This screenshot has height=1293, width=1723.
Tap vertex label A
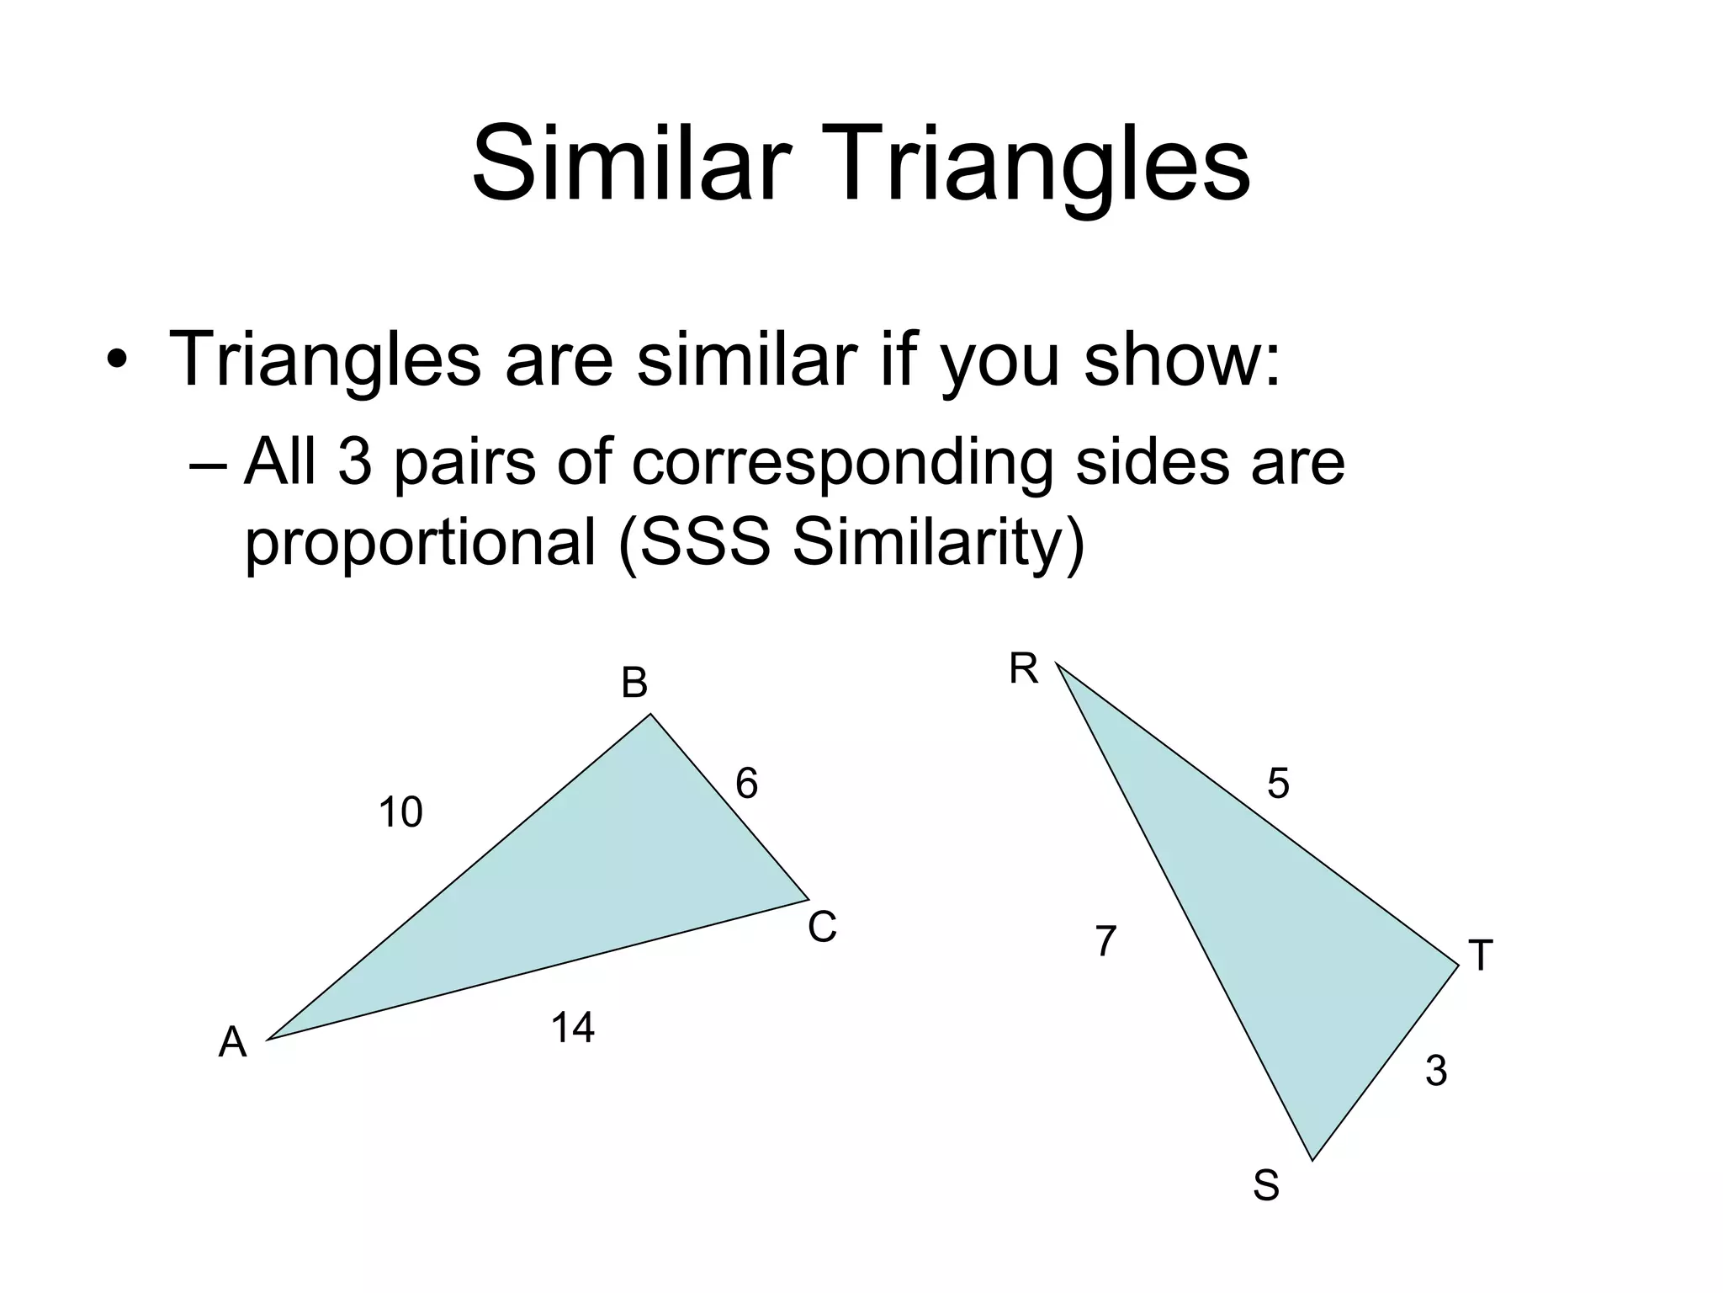[233, 1043]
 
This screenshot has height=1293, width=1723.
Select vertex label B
[634, 684]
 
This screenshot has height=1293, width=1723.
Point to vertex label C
[822, 928]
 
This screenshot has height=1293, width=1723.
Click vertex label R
[1024, 670]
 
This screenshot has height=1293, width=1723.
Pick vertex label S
[1265, 1186]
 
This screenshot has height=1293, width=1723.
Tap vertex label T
[1480, 956]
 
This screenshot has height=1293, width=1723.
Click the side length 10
[400, 813]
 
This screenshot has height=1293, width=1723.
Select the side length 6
[746, 784]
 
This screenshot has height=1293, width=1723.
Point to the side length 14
[572, 1028]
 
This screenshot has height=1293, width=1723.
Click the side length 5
[1278, 785]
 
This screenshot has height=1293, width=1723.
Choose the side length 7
[1105, 941]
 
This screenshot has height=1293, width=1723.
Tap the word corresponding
[841, 464]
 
